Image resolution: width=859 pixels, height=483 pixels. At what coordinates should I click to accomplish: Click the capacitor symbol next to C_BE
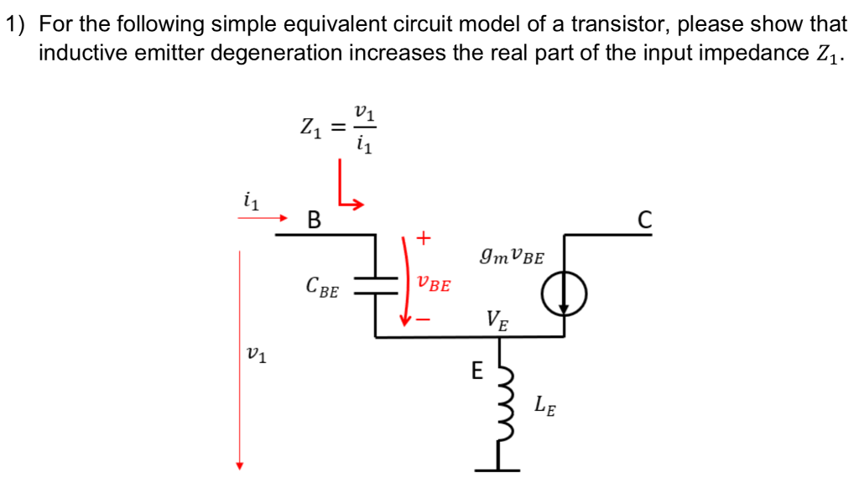click(376, 287)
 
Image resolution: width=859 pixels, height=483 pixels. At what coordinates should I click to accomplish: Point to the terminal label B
click(314, 221)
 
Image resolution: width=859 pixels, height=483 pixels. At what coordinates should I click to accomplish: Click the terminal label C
click(643, 221)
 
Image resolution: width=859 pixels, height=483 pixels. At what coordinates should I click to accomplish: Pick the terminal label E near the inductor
click(476, 370)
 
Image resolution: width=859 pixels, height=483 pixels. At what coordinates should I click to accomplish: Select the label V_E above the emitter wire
click(497, 319)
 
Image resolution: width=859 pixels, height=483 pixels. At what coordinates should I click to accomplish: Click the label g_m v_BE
click(512, 254)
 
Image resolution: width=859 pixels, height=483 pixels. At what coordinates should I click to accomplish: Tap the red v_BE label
click(433, 284)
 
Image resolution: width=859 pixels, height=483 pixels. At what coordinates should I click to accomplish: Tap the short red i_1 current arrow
click(262, 217)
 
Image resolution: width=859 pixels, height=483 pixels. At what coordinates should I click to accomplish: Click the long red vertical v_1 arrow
click(240, 361)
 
